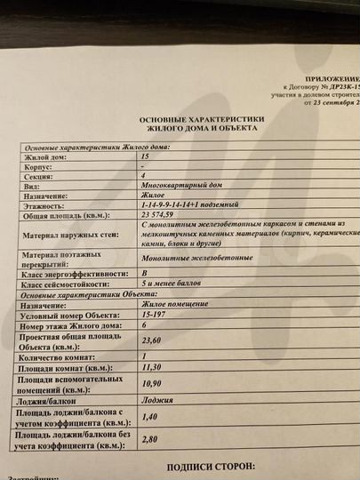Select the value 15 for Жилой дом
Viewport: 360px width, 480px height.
(x=145, y=156)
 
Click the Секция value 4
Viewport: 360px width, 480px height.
(x=143, y=176)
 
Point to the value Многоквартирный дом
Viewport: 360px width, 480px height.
(x=178, y=186)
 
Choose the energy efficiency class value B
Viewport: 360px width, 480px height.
(x=145, y=275)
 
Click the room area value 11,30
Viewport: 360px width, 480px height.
(x=156, y=364)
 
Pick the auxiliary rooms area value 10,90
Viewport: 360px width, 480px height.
(x=156, y=382)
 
